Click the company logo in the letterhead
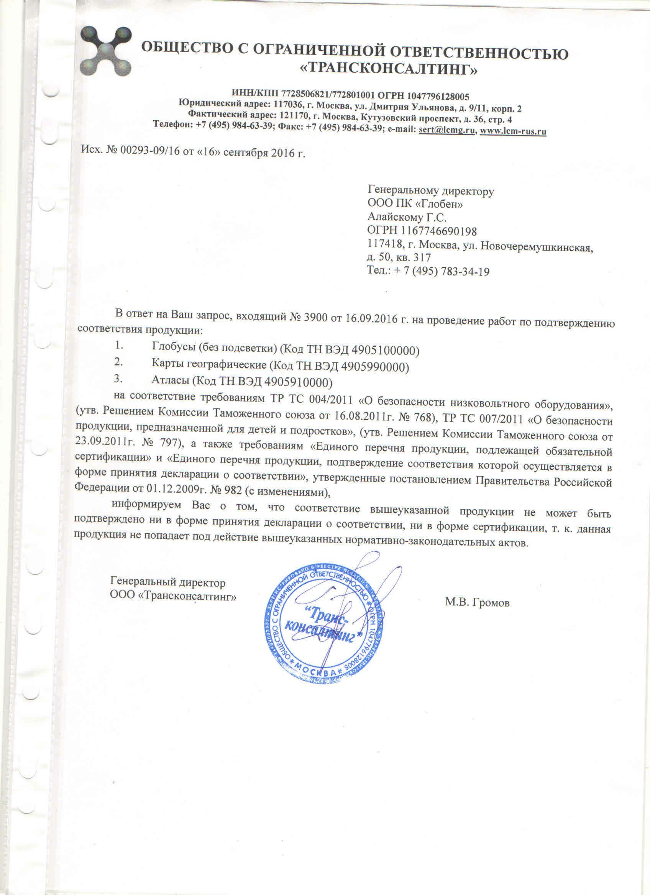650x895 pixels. point(106,52)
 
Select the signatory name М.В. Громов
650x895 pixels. point(478,603)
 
